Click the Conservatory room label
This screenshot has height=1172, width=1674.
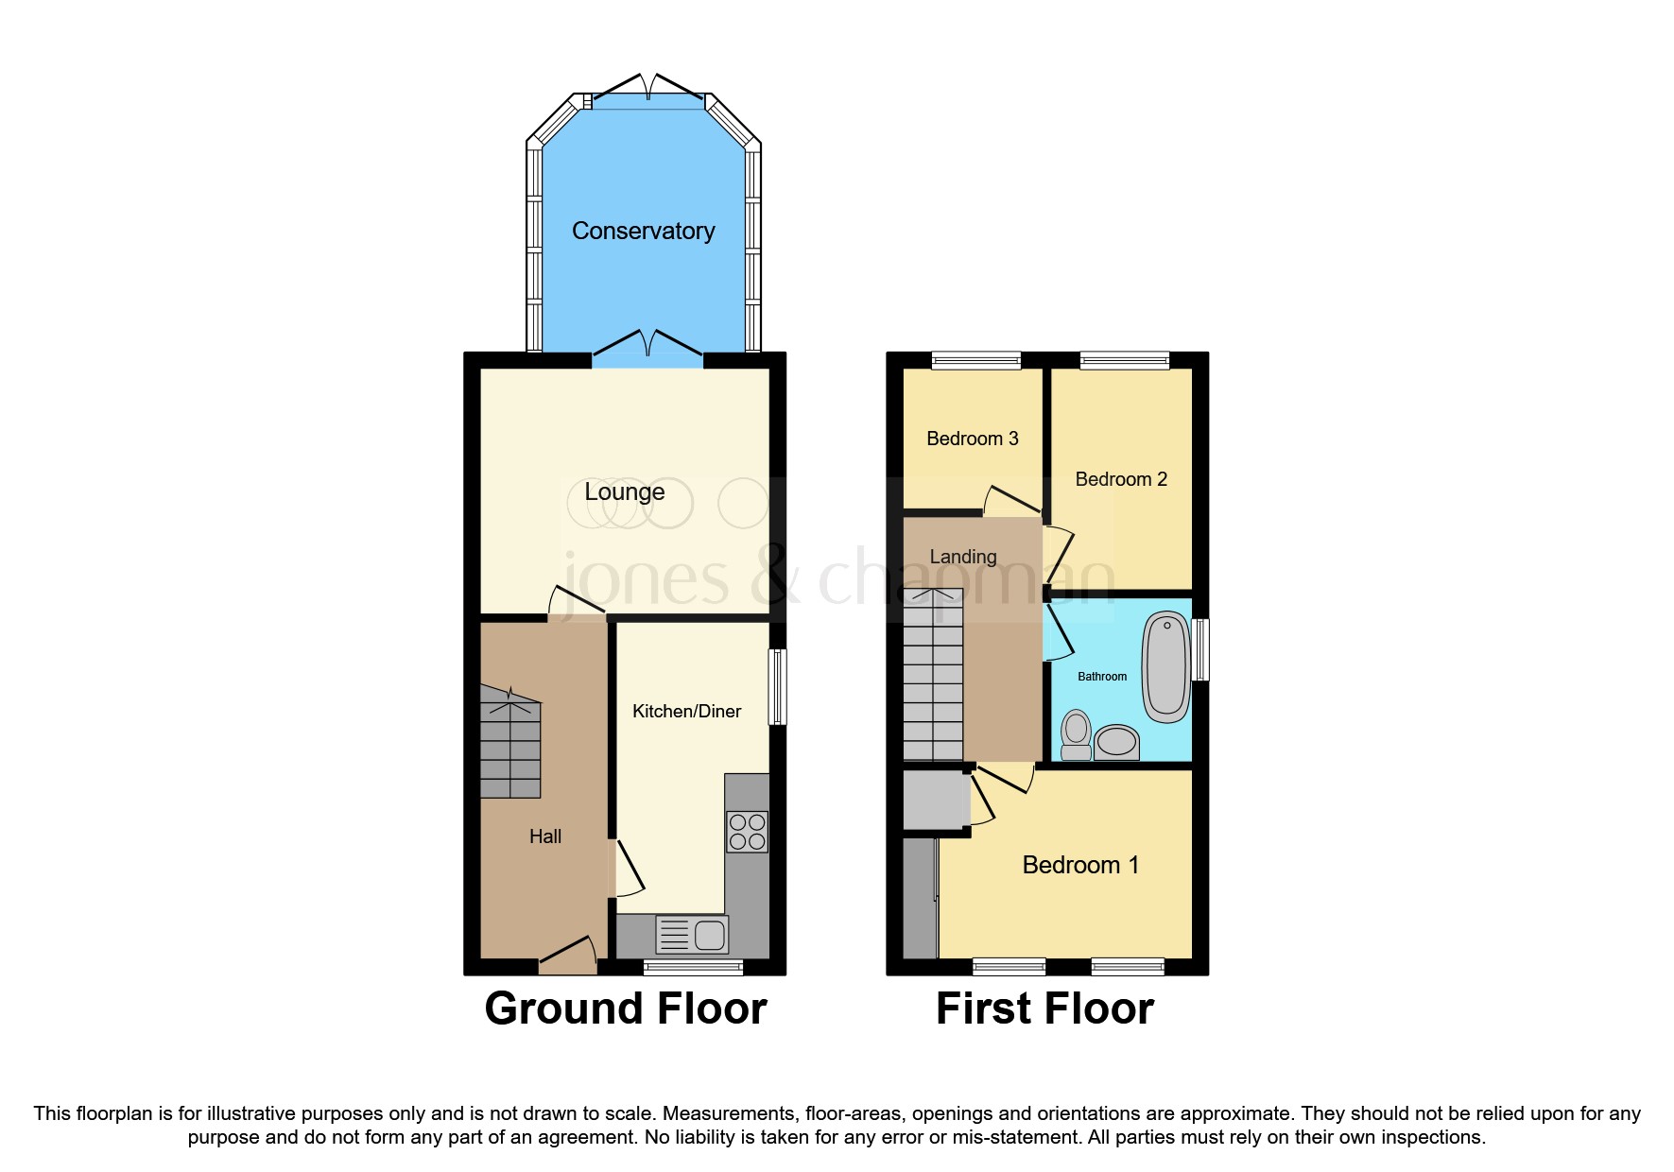pos(643,231)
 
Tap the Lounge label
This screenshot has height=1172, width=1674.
pos(624,491)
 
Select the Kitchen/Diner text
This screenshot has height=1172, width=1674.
pos(686,711)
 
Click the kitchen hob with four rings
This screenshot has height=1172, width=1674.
pos(747,832)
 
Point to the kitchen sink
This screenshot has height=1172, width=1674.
pos(693,935)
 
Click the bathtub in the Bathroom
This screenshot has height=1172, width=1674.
pos(1166,666)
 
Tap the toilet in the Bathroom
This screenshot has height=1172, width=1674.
pos(1076,735)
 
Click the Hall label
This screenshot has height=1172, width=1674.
pos(544,836)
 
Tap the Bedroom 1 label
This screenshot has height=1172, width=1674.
pos(1080,865)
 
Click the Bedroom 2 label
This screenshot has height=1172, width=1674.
pos(1121,479)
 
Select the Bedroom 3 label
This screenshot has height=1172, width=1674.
pos(972,439)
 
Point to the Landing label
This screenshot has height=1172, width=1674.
pos(963,557)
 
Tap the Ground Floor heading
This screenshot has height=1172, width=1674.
pos(625,1008)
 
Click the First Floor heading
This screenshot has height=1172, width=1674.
pos(1044,1008)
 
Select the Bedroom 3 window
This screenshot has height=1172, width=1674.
pos(975,360)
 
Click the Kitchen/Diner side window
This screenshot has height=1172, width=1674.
pos(777,686)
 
